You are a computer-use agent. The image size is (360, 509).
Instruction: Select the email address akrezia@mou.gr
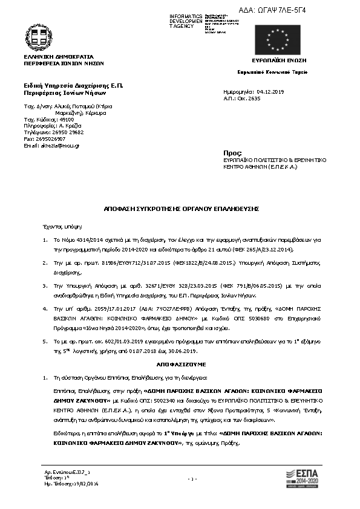pyautogui.click(x=55, y=146)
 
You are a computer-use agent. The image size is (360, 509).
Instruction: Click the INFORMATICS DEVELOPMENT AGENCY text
pyautogui.click(x=186, y=21)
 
